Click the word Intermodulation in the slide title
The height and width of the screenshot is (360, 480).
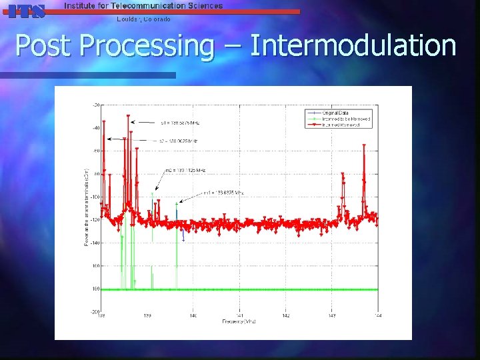[x=353, y=47]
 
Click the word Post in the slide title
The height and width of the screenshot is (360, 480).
[x=41, y=47]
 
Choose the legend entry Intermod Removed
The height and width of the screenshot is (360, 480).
[x=344, y=125]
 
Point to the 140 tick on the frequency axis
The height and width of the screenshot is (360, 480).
[x=193, y=315]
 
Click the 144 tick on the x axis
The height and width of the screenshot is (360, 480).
[x=377, y=315]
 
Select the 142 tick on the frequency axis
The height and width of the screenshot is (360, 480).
[x=285, y=315]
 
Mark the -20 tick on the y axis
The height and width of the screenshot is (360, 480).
[x=97, y=105]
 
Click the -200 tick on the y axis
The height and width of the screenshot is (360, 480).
[x=96, y=311]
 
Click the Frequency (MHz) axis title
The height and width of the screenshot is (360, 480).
[x=239, y=321]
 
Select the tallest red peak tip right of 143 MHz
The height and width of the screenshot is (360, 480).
[x=364, y=148]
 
